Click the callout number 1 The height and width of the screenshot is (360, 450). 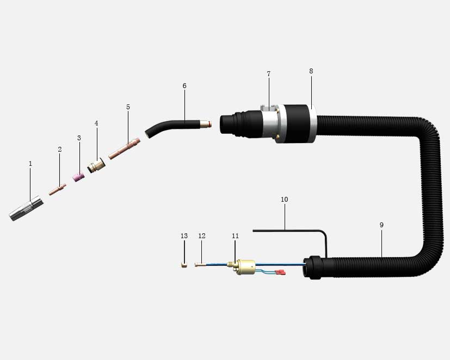pyautogui.click(x=30, y=164)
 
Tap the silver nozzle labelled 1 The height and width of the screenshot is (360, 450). pyautogui.click(x=26, y=208)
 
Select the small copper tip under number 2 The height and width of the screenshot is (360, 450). pyautogui.click(x=57, y=190)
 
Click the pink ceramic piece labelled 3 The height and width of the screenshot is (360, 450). pyautogui.click(x=78, y=177)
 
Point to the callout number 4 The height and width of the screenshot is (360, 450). pyautogui.click(x=96, y=123)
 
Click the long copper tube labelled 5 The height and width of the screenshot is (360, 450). pyautogui.click(x=124, y=148)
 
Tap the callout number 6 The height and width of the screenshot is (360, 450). pyautogui.click(x=184, y=86)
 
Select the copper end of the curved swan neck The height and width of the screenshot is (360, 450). pyautogui.click(x=206, y=124)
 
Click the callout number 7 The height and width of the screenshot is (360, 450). pyautogui.click(x=269, y=74)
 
